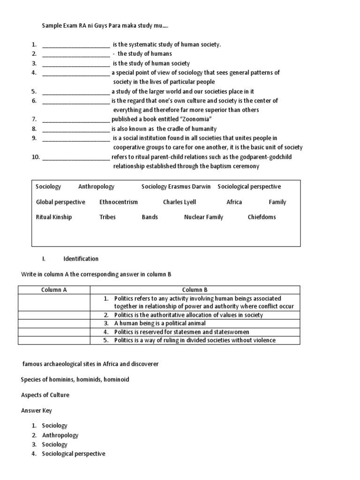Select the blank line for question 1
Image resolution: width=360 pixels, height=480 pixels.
pos(76,45)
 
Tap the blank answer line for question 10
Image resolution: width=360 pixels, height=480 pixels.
pos(76,157)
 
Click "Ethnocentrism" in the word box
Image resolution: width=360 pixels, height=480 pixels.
pos(119,202)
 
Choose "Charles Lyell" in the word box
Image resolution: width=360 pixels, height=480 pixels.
pos(180,202)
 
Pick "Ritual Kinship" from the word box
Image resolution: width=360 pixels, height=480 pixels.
pos(54,217)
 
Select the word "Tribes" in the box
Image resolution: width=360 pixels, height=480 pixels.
pos(107,217)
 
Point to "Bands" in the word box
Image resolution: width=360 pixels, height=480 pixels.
pos(150,217)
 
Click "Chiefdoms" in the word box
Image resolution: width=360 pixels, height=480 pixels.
pos(262,217)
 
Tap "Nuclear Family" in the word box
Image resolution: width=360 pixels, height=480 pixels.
pos(203,217)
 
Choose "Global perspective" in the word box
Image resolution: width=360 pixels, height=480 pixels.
pos(60,202)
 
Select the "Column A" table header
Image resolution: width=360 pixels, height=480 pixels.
pos(54,290)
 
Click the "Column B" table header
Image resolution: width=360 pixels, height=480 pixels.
pos(195,290)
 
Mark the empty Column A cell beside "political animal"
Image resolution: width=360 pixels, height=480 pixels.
pos(54,323)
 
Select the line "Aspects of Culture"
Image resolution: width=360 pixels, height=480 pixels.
pos(45,395)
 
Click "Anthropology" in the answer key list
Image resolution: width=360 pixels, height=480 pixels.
pos(60,435)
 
